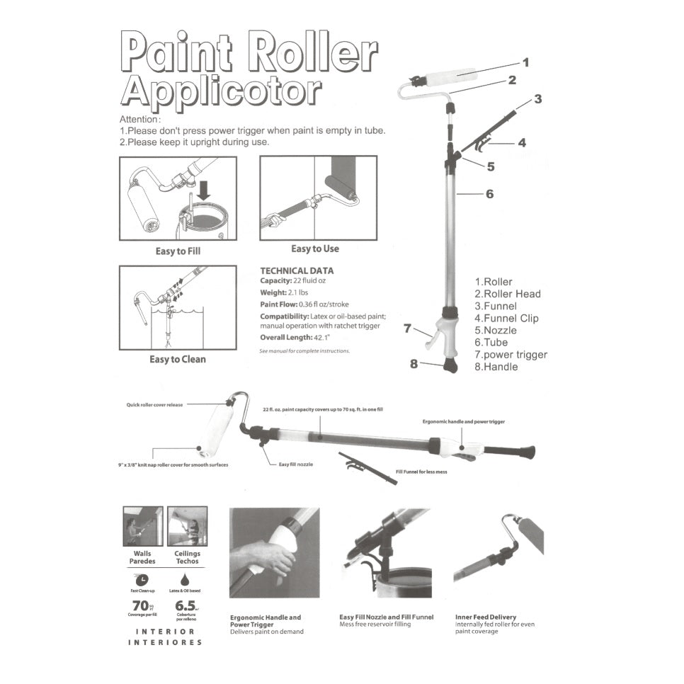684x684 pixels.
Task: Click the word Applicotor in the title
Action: click(x=221, y=92)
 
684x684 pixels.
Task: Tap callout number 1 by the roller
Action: click(x=525, y=62)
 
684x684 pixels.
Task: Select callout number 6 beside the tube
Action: click(x=489, y=193)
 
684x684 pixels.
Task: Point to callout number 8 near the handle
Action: click(x=414, y=364)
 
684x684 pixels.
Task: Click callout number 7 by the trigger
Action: click(x=407, y=328)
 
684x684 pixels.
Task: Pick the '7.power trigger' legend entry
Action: click(x=511, y=355)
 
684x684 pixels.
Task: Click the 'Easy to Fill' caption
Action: click(x=178, y=251)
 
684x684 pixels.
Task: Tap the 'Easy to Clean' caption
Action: click(x=177, y=359)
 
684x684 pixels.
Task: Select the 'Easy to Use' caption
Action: click(x=315, y=249)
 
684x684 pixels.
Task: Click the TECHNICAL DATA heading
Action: click(x=297, y=270)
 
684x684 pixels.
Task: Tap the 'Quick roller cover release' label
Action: click(x=154, y=405)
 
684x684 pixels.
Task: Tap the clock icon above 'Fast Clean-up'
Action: click(x=144, y=578)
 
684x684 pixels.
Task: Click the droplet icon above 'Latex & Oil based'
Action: click(x=185, y=578)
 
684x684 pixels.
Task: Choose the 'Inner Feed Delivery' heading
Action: click(x=485, y=617)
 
